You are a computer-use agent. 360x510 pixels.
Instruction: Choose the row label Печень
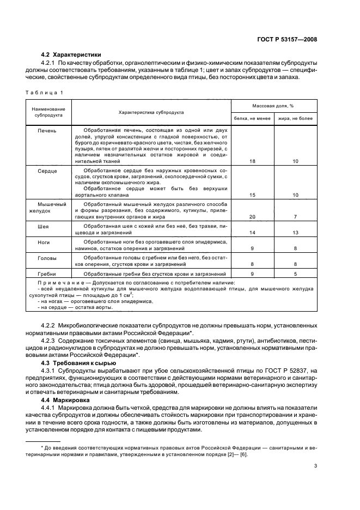[x=47, y=131]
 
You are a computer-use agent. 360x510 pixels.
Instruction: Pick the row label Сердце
[x=47, y=171]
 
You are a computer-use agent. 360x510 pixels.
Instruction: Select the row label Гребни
[x=47, y=274]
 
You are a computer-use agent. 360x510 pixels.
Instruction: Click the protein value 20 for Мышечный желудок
[x=252, y=217]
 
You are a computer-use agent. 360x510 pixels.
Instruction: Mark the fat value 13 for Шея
[x=295, y=233]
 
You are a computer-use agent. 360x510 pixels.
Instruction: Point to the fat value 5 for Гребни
[x=295, y=274]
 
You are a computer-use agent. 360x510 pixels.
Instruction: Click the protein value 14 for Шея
[x=252, y=233]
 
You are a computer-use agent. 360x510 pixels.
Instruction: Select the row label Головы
[x=47, y=258]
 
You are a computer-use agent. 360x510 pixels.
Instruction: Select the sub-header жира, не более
[x=295, y=118]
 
